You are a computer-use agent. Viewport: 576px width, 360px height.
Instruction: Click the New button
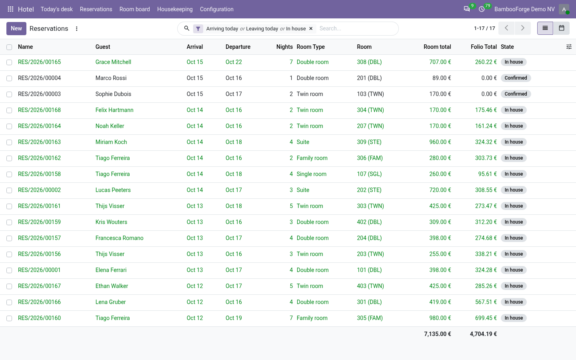point(16,28)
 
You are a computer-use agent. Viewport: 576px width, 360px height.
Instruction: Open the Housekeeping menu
point(175,9)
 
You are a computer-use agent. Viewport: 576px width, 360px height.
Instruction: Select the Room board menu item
point(134,9)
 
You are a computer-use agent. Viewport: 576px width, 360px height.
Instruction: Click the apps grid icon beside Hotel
point(10,9)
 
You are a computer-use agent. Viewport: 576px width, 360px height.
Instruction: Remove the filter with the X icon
point(311,28)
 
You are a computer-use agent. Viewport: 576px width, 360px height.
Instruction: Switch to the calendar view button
point(561,28)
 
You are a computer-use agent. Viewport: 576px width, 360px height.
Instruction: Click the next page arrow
point(522,28)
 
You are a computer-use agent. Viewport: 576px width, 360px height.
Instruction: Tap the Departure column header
point(238,47)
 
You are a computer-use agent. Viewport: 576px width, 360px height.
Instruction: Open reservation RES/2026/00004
point(39,78)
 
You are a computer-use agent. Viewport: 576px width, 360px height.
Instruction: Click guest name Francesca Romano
point(119,238)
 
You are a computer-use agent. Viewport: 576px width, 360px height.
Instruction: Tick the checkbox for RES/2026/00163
point(9,142)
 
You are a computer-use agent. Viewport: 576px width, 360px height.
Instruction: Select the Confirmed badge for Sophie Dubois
point(516,94)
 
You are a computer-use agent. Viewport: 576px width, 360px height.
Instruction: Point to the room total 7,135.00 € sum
point(438,334)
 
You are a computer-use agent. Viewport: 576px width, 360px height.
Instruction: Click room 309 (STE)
point(369,142)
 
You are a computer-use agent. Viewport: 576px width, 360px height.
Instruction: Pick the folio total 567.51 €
point(486,302)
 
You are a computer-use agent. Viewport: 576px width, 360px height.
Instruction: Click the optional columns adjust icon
point(569,47)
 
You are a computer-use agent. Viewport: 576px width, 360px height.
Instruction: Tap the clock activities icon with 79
point(482,9)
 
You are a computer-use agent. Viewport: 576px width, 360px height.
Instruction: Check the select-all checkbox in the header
point(9,47)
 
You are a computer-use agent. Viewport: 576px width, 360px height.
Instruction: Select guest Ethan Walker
point(112,286)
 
